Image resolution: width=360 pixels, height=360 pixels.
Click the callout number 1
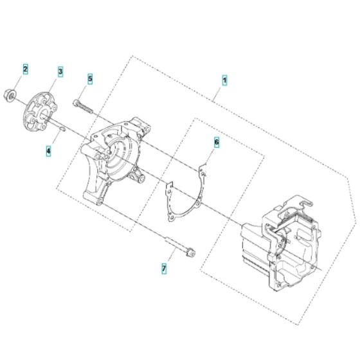pos(224,80)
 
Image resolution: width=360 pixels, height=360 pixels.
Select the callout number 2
pos(26,69)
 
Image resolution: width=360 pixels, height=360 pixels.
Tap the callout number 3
pos(60,71)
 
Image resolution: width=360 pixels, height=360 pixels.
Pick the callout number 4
pos(48,151)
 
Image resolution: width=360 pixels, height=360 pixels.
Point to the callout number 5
pos(90,78)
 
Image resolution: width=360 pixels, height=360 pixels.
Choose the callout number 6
pos(217,142)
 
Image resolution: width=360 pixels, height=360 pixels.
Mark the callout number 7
pos(164,269)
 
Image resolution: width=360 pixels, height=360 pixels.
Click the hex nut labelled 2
pos(10,94)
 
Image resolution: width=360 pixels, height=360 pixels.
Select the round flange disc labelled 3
pos(40,112)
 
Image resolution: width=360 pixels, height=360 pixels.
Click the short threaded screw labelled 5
pos(83,106)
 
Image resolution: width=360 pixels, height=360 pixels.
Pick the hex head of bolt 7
pos(191,252)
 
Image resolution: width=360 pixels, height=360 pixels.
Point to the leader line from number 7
pos(172,255)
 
